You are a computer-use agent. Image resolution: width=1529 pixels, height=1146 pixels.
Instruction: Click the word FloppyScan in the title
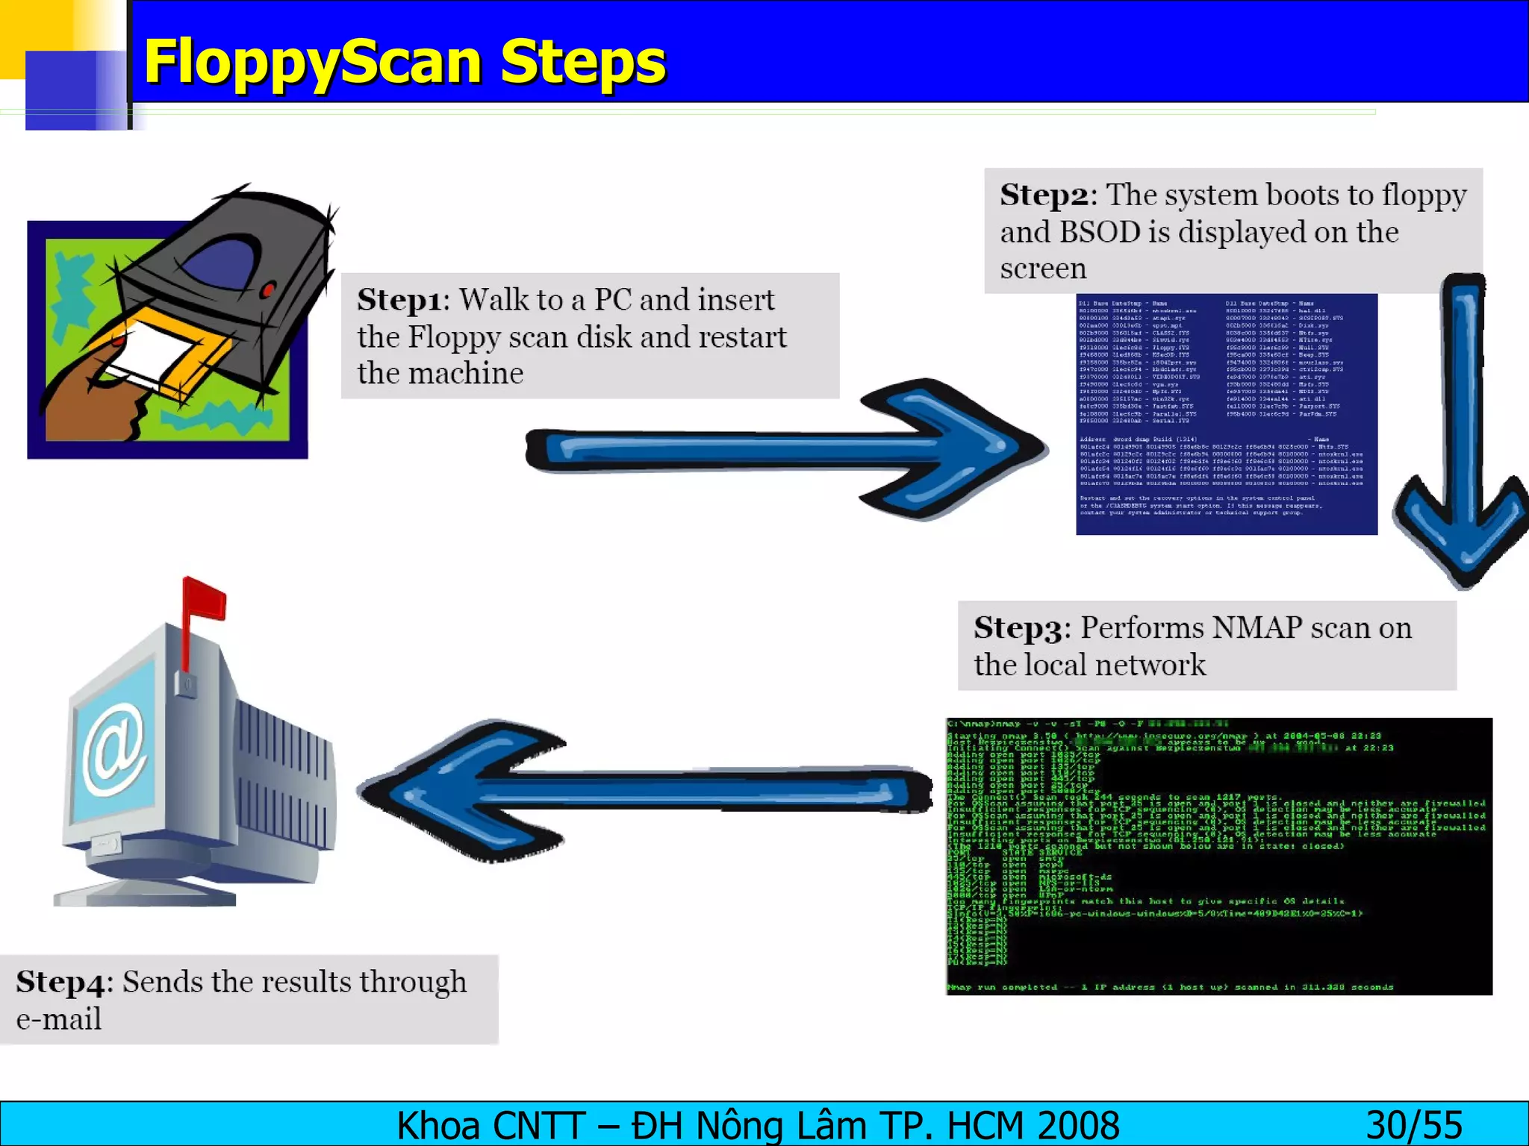(x=314, y=63)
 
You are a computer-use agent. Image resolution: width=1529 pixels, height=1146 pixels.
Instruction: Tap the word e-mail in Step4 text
(x=59, y=1020)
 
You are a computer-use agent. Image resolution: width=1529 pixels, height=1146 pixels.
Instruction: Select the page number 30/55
(x=1413, y=1125)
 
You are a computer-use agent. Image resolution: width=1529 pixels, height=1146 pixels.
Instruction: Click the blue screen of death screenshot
(x=1226, y=414)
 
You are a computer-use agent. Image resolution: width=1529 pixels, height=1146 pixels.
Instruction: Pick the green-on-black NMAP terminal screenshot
(x=1218, y=856)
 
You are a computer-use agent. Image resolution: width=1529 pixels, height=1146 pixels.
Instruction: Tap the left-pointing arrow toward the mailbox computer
(x=642, y=791)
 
